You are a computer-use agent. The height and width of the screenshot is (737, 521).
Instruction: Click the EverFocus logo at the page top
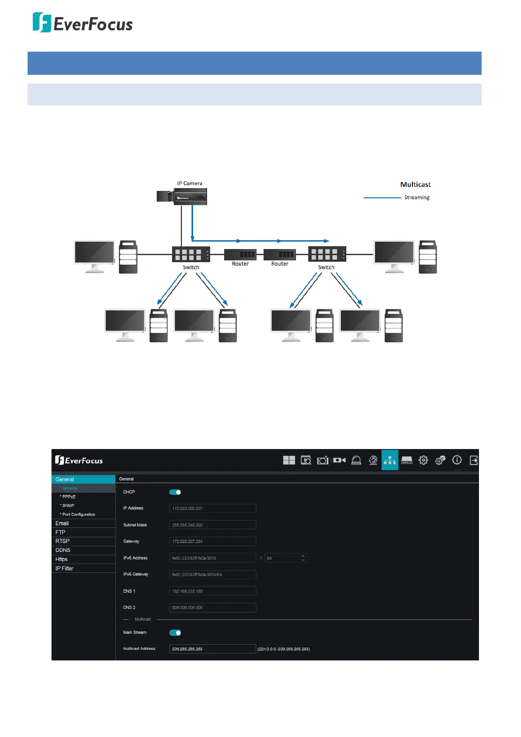[x=82, y=23]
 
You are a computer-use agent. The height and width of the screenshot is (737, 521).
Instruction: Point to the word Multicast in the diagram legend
[x=415, y=185]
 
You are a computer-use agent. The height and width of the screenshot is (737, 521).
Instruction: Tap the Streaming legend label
[x=416, y=197]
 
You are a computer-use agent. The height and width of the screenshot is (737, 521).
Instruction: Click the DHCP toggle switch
[x=175, y=492]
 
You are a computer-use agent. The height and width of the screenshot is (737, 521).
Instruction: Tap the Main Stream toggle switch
[x=175, y=633]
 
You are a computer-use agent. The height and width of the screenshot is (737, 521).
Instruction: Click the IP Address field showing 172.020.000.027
[x=212, y=509]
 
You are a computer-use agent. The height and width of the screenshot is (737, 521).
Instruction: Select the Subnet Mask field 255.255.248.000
[x=212, y=525]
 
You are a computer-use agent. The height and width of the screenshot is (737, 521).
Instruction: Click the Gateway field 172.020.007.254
[x=212, y=541]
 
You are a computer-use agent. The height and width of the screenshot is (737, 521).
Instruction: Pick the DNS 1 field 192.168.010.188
[x=212, y=591]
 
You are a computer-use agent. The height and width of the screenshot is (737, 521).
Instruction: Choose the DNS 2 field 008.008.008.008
[x=212, y=607]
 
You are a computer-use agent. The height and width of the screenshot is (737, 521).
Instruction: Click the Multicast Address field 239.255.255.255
[x=212, y=649]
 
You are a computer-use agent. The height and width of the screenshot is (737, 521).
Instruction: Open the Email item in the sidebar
[x=62, y=523]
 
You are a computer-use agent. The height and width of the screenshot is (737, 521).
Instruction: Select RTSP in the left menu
[x=63, y=541]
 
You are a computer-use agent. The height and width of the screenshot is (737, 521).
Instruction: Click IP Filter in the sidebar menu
[x=64, y=569]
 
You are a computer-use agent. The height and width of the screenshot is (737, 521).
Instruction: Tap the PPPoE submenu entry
[x=69, y=497]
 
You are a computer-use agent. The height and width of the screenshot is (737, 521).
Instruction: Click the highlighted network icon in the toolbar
[x=390, y=460]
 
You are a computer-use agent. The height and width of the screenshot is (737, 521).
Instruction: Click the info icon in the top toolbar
[x=457, y=460]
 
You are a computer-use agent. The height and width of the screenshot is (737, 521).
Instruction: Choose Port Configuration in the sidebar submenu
[x=78, y=515]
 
